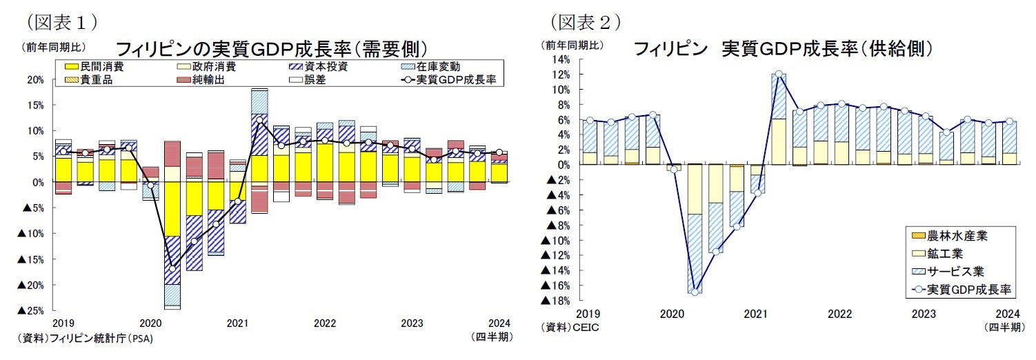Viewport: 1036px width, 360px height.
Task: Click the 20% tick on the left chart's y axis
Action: click(x=36, y=80)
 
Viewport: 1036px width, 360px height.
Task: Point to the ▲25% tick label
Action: click(x=31, y=310)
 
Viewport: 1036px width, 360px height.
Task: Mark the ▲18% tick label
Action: click(x=555, y=301)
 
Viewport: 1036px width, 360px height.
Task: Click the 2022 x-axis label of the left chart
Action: click(x=324, y=323)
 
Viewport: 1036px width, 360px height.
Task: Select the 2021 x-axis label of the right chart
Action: click(x=756, y=314)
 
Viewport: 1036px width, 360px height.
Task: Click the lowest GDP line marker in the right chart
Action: click(x=694, y=292)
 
